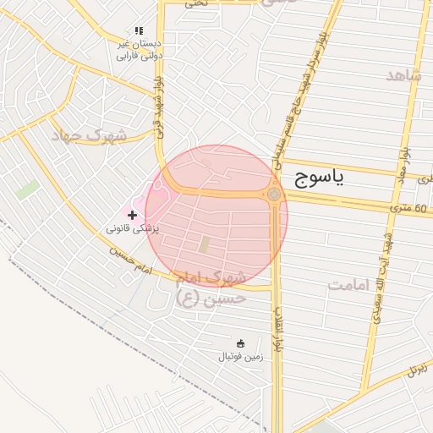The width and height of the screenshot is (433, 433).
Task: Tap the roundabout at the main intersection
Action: pos(274,195)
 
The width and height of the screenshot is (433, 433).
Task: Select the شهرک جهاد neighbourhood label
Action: pos(88,135)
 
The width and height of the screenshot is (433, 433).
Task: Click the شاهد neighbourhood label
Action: pos(403,75)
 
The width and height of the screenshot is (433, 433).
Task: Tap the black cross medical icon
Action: pos(132,215)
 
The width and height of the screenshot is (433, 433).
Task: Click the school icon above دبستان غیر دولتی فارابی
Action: pos(139,30)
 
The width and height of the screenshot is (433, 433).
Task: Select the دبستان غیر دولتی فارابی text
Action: pos(139,48)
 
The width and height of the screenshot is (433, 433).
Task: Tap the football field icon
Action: pos(240,343)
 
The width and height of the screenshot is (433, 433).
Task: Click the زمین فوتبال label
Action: pos(241,357)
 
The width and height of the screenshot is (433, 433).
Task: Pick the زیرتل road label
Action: pos(417,369)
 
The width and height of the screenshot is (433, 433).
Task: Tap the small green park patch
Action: pos(27,189)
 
